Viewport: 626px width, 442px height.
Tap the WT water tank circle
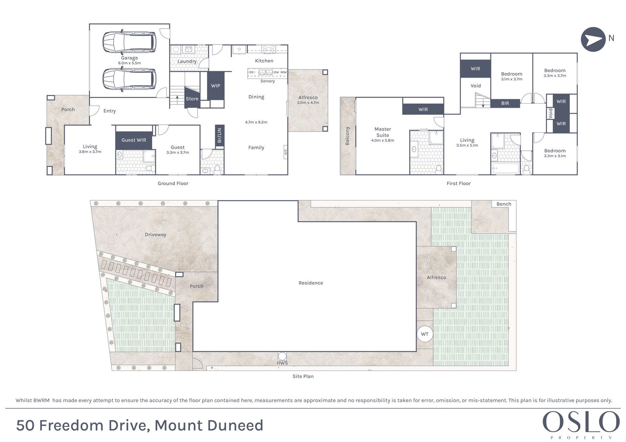(425, 334)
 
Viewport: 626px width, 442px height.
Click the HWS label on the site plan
(282, 363)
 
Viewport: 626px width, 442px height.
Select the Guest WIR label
(133, 140)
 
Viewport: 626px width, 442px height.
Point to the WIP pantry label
(216, 86)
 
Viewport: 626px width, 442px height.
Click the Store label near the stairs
(192, 98)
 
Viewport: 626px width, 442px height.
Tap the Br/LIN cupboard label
(219, 136)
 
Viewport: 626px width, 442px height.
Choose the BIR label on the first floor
(505, 103)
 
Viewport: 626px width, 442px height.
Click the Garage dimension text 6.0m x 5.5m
(130, 63)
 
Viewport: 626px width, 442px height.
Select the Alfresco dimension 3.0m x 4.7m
(308, 102)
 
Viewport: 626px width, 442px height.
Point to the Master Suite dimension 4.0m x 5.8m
(383, 140)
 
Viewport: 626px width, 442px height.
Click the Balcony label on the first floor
(347, 136)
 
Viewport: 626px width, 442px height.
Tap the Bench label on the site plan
(504, 204)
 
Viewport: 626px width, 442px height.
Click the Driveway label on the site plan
(155, 234)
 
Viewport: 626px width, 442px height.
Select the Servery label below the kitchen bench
(268, 81)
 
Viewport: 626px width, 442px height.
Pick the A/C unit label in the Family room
(286, 152)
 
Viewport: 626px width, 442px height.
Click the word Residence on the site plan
(311, 283)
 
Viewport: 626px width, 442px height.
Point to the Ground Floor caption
(173, 183)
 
